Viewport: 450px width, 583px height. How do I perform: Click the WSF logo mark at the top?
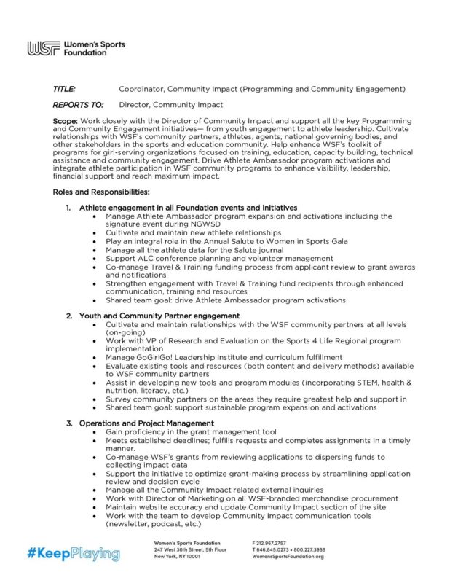click(42, 49)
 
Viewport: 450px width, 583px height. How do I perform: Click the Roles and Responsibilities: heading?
click(101, 192)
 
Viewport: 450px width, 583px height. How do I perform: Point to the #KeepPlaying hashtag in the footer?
click(74, 554)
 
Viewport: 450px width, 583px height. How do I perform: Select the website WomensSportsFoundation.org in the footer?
click(288, 556)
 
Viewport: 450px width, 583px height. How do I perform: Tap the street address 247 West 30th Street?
click(178, 549)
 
